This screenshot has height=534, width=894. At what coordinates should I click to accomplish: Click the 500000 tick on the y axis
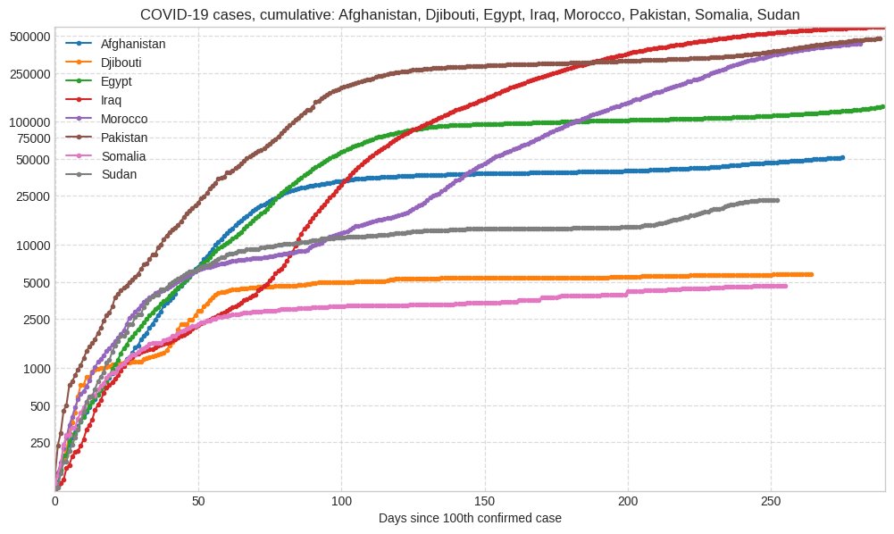29,36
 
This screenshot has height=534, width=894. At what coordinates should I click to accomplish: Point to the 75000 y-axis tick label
32,138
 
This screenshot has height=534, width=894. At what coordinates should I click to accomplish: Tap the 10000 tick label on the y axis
32,245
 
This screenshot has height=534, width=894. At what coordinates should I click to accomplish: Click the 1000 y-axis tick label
36,368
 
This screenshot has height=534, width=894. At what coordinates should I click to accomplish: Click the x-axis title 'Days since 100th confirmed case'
470,518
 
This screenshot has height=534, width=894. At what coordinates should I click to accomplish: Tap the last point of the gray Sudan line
777,200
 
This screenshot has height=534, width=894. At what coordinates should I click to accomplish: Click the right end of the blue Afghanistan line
842,158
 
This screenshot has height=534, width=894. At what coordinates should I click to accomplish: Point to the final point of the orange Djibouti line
810,274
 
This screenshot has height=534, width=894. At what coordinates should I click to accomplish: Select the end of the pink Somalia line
785,286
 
